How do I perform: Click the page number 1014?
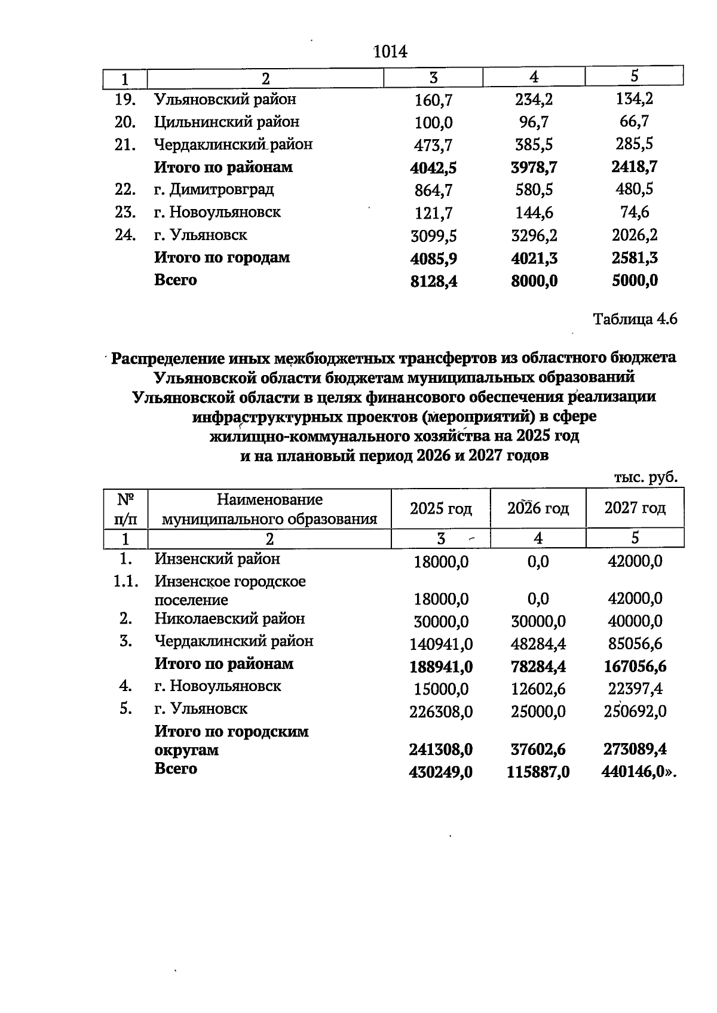click(390, 52)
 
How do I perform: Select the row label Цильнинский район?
click(226, 122)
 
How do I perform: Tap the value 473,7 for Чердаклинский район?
click(433, 145)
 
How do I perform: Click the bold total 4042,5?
click(433, 168)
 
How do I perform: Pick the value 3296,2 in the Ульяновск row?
click(534, 236)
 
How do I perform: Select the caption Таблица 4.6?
click(635, 319)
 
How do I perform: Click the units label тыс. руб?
click(645, 477)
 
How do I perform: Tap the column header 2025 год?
click(440, 508)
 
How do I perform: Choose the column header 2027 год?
click(635, 508)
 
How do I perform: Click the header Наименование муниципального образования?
click(269, 509)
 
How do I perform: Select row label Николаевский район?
click(229, 619)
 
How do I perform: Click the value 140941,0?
click(441, 644)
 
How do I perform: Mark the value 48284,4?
click(538, 644)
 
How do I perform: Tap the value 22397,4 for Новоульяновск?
click(635, 689)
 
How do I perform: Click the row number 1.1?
click(126, 581)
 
